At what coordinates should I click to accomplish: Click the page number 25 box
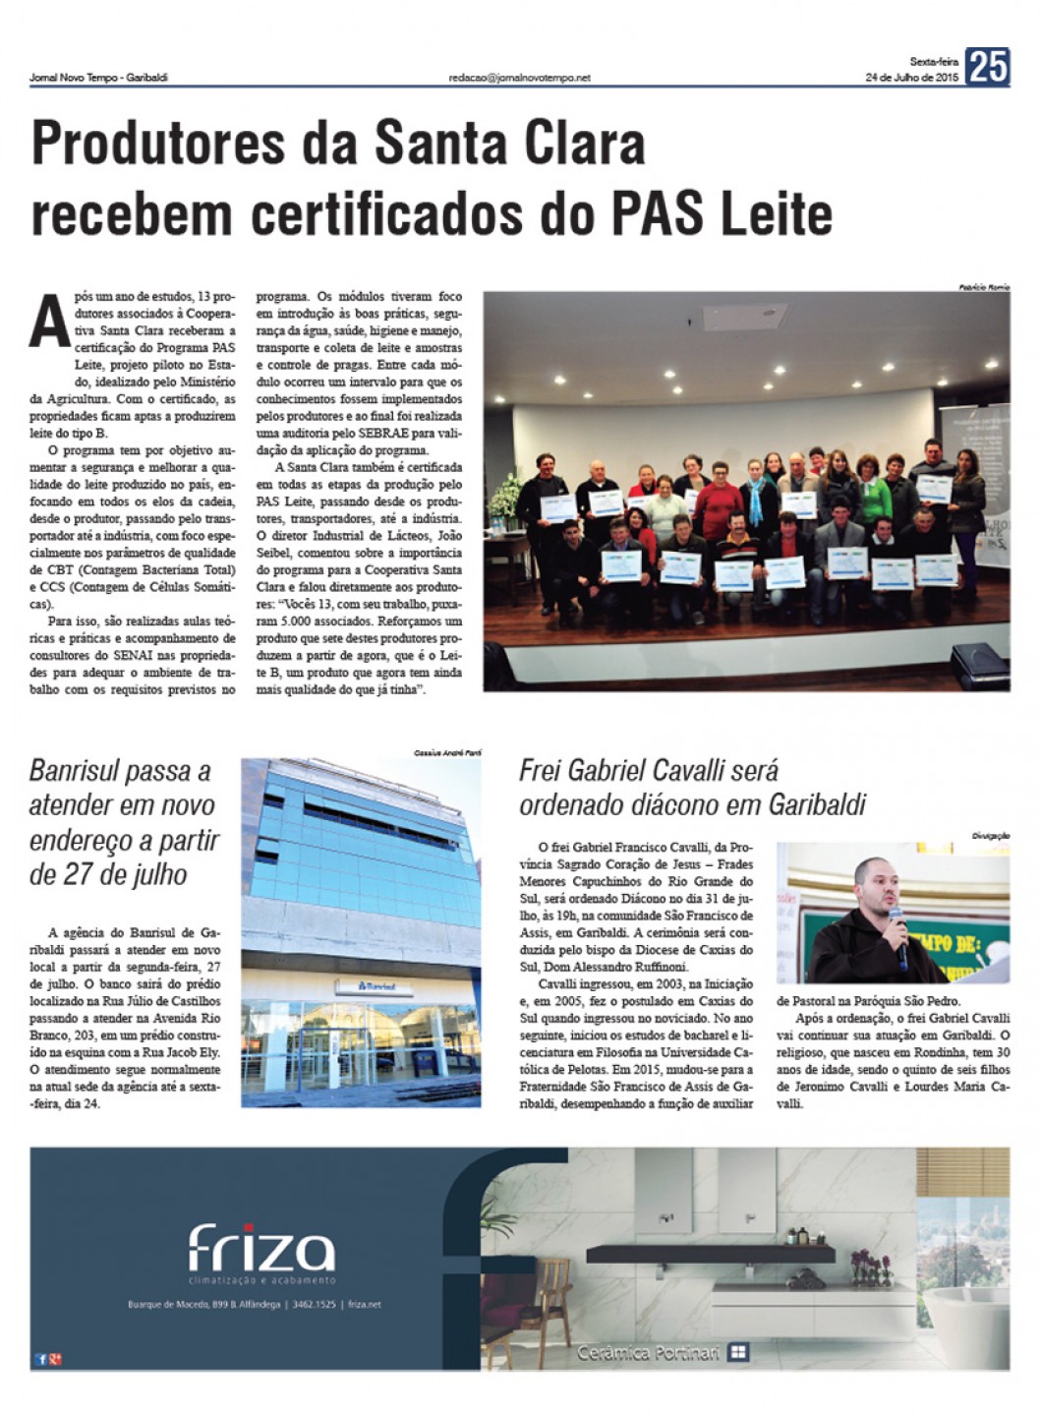(x=987, y=67)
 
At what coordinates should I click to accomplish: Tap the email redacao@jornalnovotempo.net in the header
(x=519, y=78)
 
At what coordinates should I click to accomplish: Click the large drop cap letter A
(x=48, y=322)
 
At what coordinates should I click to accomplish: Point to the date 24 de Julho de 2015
(x=911, y=78)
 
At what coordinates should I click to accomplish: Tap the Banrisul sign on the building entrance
(x=378, y=985)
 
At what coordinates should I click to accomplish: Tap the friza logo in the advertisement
(x=260, y=1249)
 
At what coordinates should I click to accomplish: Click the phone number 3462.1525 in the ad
(x=314, y=1304)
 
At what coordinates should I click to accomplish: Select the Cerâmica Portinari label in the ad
(x=648, y=1353)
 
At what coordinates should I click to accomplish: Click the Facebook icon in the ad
(x=40, y=1359)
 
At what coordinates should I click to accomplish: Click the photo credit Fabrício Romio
(x=983, y=287)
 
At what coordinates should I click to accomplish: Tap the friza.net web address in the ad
(x=365, y=1304)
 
